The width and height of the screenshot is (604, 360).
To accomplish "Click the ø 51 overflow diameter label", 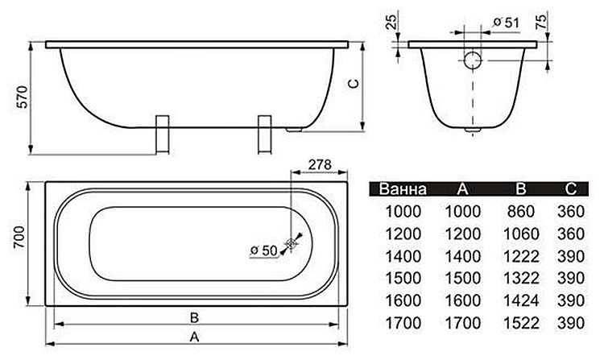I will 505,23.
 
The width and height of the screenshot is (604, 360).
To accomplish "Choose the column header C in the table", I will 569,190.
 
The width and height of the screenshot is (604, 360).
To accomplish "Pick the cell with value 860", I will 520,212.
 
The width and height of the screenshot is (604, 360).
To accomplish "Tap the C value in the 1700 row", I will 569,325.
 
